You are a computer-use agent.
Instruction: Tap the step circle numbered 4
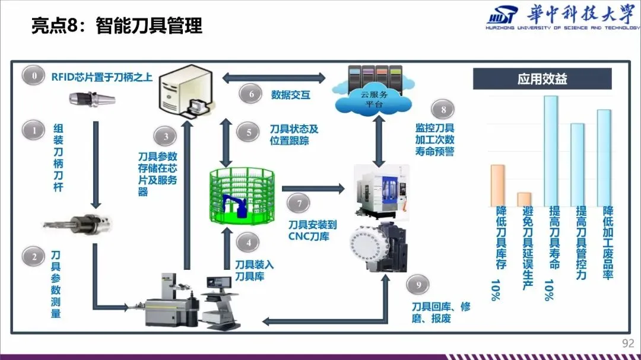tap(247, 243)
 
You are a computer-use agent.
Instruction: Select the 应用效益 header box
tap(542, 79)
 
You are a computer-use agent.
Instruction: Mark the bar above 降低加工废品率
tap(604, 157)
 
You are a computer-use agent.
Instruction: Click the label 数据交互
tap(291, 95)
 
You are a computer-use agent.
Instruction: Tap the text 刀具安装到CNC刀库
tap(312, 231)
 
